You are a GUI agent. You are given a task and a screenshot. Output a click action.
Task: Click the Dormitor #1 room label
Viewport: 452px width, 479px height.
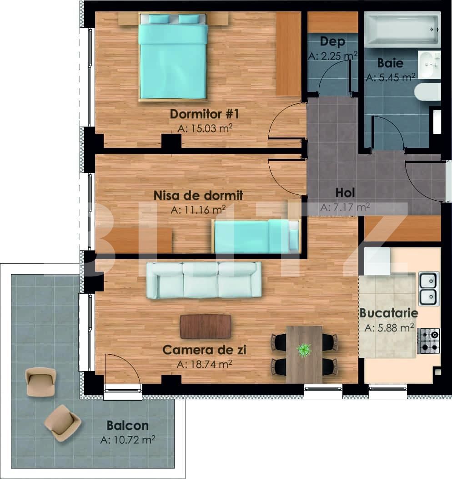[x=204, y=113]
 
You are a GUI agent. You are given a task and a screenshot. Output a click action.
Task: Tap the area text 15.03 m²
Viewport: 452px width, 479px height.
[x=205, y=128]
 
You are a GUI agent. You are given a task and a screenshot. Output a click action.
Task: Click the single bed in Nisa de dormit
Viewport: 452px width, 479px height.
[x=256, y=235]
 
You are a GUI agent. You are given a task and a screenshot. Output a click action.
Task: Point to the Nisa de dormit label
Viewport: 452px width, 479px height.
[x=198, y=195]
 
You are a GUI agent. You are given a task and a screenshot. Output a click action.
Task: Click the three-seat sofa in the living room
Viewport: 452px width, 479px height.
[x=204, y=280]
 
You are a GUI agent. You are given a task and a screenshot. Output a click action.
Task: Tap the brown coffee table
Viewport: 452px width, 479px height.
[x=205, y=326]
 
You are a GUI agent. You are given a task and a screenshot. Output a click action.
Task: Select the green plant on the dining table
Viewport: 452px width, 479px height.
[x=303, y=350]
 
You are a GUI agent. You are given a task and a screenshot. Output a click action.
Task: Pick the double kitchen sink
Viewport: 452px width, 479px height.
[x=428, y=289]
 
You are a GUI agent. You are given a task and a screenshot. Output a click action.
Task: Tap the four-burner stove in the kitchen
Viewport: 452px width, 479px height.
[x=428, y=341]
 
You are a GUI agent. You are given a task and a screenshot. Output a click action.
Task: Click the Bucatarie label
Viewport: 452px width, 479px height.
[x=389, y=313]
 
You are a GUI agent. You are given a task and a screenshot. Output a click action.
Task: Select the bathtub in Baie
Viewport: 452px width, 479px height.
[x=402, y=29]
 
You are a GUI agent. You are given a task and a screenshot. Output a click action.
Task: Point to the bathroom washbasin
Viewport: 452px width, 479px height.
[x=429, y=65]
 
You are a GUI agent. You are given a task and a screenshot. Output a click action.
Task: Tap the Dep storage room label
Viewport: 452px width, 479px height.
[x=332, y=41]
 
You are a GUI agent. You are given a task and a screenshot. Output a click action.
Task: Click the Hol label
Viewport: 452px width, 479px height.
[x=345, y=193]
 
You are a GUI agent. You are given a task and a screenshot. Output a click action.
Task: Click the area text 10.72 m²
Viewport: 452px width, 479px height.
[x=128, y=440]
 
